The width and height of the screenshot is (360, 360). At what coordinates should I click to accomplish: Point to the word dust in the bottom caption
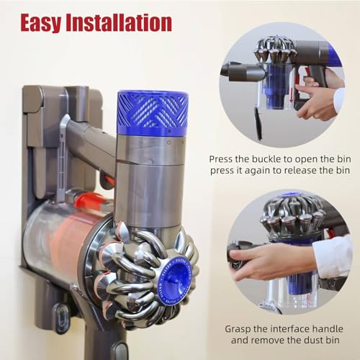point(311,342)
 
